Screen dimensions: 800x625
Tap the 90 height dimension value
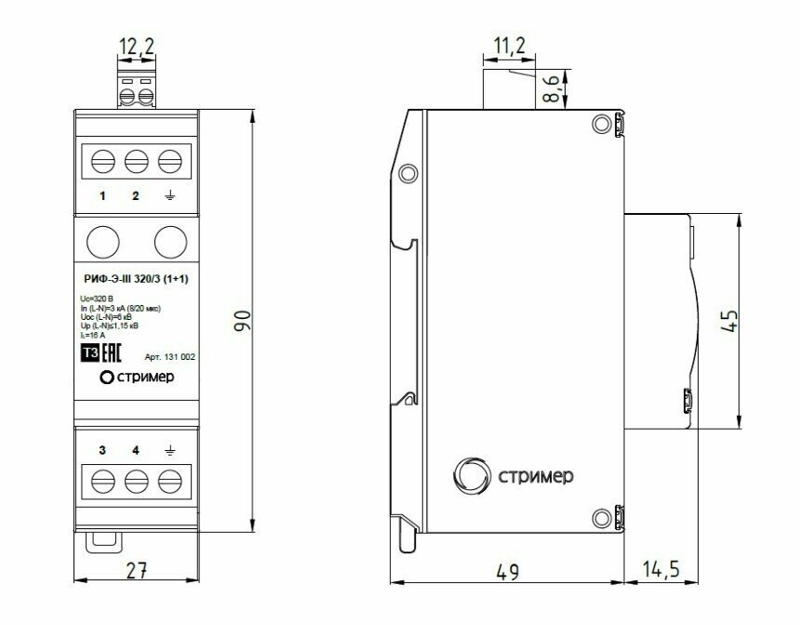coord(242,322)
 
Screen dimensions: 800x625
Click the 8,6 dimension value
coord(552,91)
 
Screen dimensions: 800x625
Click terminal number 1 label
coord(102,195)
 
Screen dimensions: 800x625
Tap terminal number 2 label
coord(136,195)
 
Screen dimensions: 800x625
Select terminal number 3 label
coord(102,451)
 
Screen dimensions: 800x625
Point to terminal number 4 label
coord(136,451)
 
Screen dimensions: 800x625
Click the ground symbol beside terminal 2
coord(169,195)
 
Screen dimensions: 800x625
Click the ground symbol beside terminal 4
coord(169,451)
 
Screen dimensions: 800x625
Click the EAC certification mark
coord(112,353)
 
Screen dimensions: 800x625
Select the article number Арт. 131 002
coord(170,356)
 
